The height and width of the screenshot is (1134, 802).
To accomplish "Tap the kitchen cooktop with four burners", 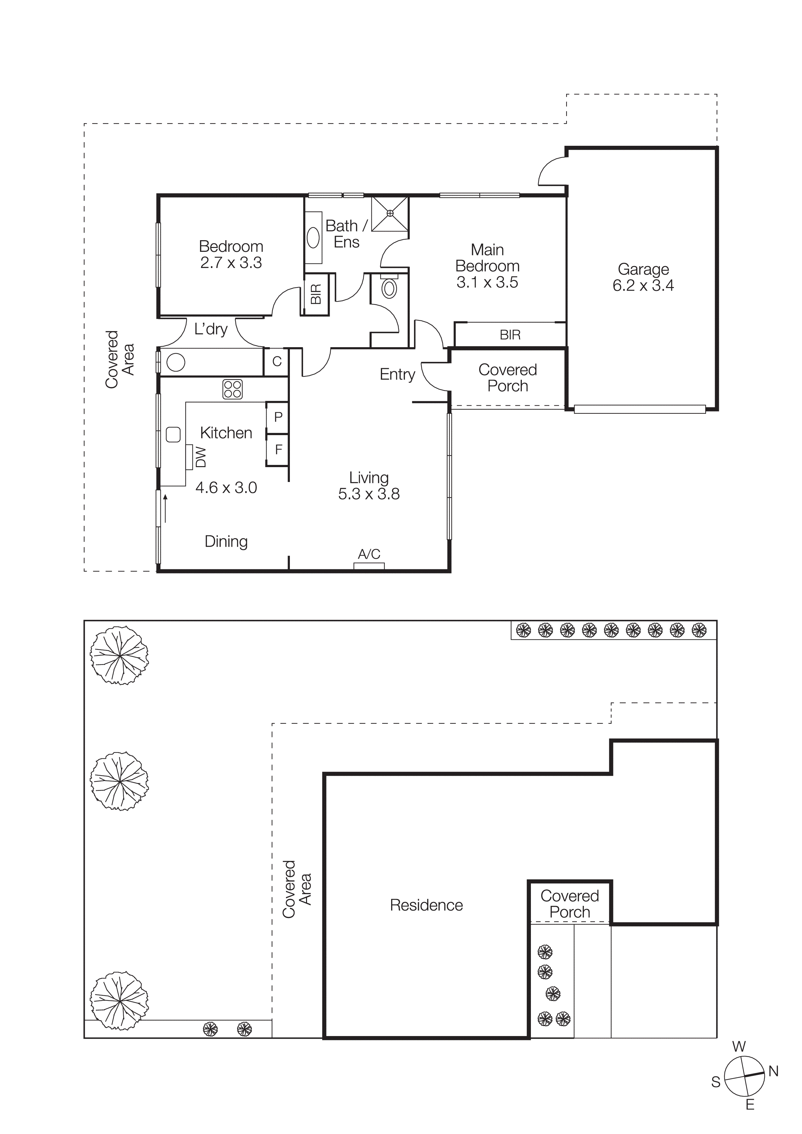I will coord(232,389).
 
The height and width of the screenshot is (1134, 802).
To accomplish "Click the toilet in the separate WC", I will coord(390,288).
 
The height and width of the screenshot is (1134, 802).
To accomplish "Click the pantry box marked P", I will coord(278,417).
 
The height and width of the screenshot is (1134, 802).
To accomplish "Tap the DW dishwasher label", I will coord(201,457).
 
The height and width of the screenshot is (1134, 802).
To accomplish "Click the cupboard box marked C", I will coord(277,361).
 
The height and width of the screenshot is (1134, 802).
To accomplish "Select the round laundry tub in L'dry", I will coord(176,362).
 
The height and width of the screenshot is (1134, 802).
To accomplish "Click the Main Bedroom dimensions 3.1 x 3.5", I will coord(487,283).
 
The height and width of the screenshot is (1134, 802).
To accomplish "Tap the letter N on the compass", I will coord(773,1071).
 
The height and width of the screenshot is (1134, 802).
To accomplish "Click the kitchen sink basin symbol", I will coord(173,435).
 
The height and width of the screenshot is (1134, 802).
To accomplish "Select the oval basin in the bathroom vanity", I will coord(313,238).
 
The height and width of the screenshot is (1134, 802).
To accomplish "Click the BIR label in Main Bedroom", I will coord(510,335).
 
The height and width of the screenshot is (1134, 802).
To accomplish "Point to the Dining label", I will coord(226,541).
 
